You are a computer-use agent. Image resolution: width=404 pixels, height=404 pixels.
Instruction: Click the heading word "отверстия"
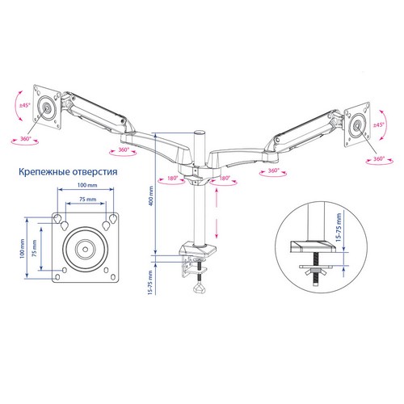[x=95, y=172]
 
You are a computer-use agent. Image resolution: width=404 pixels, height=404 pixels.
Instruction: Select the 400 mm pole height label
[x=151, y=196]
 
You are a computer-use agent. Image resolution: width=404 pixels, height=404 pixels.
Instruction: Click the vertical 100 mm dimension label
[x=22, y=248]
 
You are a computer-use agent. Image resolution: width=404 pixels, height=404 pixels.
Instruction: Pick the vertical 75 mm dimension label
[x=35, y=248]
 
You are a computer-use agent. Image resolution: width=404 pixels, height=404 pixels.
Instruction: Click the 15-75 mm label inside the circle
[x=339, y=227]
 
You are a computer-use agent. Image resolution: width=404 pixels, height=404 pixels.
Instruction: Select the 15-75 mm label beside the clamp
[x=150, y=283]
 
